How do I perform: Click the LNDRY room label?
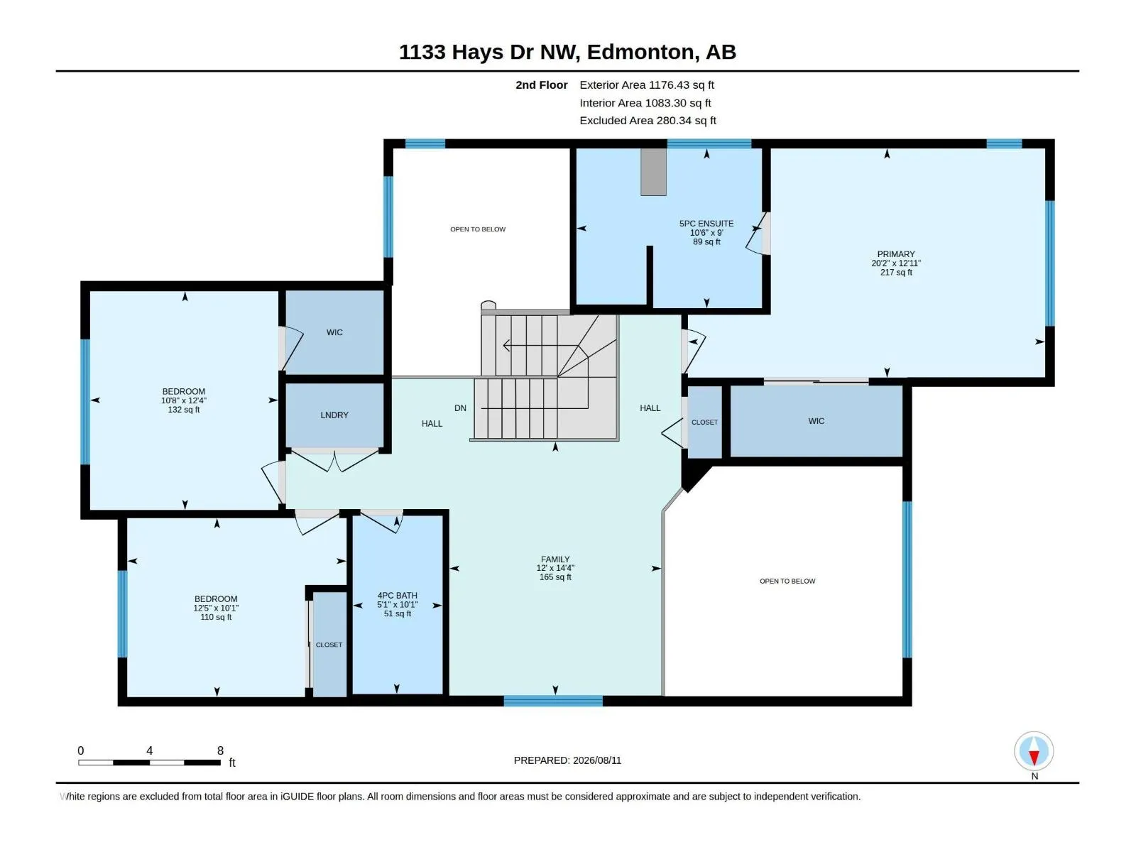pos(334,415)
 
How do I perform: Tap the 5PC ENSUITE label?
pos(706,224)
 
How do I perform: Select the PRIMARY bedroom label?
pos(896,254)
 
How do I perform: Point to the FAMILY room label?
pos(555,559)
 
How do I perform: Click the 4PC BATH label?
pos(398,596)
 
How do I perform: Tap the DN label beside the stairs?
pos(460,408)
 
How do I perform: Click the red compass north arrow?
pos(1034,758)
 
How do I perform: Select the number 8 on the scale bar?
pos(220,750)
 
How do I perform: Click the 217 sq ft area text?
pos(896,272)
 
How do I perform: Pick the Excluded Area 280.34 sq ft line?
pos(648,121)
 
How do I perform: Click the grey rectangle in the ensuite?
pos(653,172)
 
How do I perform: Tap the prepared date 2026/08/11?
pos(596,760)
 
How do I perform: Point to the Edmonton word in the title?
pos(640,53)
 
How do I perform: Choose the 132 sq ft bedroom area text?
pos(184,410)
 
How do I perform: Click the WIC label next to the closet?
pos(816,421)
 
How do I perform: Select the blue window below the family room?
pos(553,701)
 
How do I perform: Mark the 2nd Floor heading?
pos(541,84)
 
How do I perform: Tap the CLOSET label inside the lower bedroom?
pos(329,645)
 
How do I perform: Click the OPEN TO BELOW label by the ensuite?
pos(478,229)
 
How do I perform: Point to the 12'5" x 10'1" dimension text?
pos(216,608)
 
